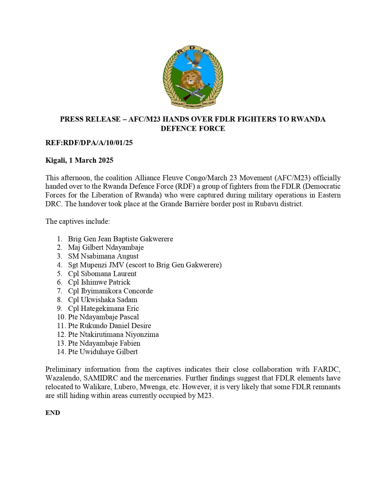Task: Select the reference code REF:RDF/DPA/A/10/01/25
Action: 89,143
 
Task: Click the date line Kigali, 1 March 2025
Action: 79,160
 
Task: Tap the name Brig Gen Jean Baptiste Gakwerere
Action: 120,239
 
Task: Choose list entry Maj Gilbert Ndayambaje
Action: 106,247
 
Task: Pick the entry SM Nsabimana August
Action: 103,256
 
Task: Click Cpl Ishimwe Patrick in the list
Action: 99,282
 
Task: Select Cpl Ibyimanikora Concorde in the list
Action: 110,291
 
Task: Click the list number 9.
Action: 59,308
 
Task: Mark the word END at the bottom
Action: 53,413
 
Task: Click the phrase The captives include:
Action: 78,221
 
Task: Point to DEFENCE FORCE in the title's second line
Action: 193,129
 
